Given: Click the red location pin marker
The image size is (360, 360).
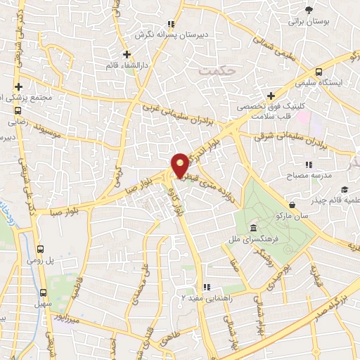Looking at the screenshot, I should pos(180,165).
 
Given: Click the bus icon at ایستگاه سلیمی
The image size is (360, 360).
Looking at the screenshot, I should pos(319,72).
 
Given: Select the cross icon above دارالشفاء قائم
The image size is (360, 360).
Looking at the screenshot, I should pos(127,54).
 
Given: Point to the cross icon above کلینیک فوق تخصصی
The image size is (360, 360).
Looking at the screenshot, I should pos(271,96).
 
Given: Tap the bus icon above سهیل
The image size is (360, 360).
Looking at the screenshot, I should pos(44,292).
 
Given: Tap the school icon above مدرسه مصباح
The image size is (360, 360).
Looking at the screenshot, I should pos(309,164).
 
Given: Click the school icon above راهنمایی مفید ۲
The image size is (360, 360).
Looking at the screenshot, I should pos(206,288).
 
